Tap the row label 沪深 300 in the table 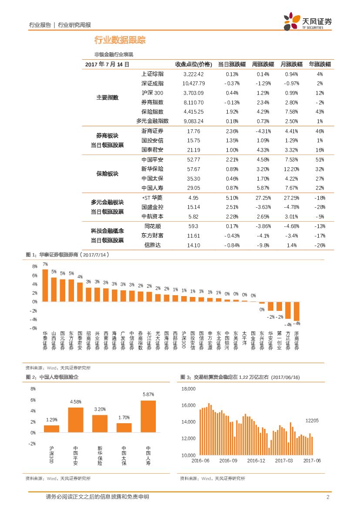152,93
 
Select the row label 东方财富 152,236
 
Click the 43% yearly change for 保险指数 320,112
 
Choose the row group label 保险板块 107,174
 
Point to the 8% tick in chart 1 34,266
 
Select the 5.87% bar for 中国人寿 148,416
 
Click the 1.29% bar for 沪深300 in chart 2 51,428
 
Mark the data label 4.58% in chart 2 76,401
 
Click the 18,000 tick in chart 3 188,389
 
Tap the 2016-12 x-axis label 256,461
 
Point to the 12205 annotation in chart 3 312,421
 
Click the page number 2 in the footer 328,497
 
